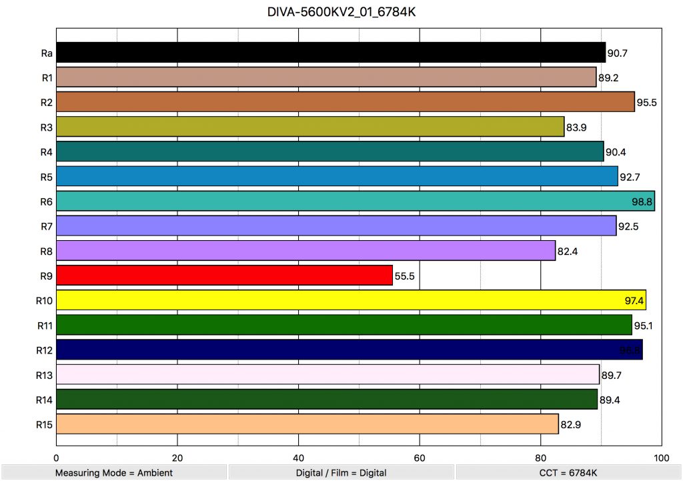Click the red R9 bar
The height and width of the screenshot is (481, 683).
point(224,275)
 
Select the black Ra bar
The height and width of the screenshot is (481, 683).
point(331,52)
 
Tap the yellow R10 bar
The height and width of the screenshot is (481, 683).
point(351,300)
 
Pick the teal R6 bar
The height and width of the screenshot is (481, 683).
point(356,201)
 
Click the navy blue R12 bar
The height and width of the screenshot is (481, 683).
point(350,350)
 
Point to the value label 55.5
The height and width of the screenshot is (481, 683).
point(406,276)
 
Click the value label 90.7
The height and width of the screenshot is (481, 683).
point(618,53)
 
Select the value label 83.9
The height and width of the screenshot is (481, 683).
point(577,127)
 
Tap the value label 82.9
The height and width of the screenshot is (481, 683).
point(571,424)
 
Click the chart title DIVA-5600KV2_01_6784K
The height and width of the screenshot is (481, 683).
point(341,13)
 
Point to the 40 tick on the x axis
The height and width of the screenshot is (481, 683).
point(298,458)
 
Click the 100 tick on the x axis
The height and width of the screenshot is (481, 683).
point(661,458)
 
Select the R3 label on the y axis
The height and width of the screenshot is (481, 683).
point(47,127)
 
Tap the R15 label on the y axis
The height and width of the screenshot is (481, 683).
point(45,424)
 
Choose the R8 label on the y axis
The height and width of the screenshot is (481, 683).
point(47,250)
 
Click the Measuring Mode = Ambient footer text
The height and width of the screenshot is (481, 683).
point(113,473)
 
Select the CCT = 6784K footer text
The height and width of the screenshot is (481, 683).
point(569,473)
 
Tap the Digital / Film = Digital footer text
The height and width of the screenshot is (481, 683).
point(341,473)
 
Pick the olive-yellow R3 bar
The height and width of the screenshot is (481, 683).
point(310,127)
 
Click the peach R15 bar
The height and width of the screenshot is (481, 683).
point(307,424)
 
